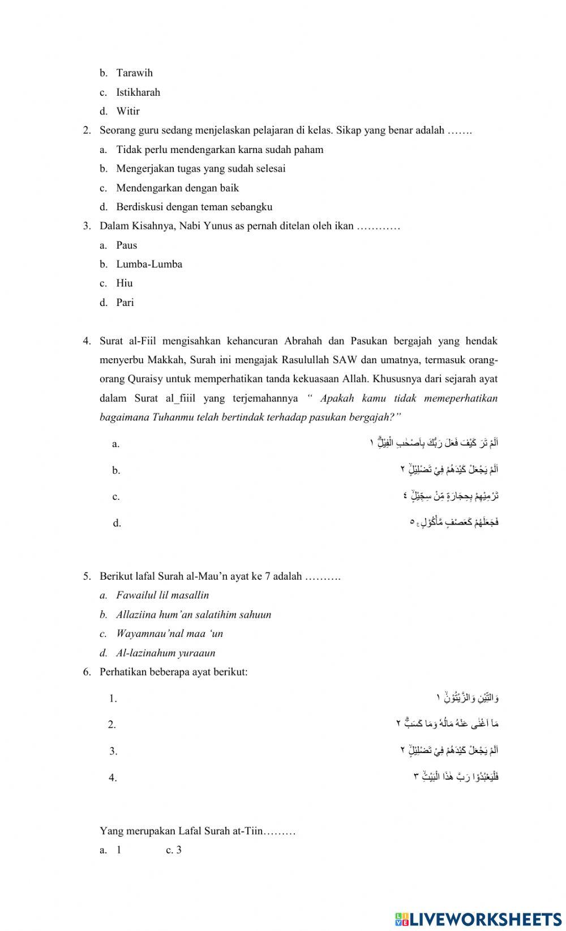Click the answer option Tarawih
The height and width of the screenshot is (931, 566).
coord(134,73)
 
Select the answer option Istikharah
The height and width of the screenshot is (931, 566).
coord(138,92)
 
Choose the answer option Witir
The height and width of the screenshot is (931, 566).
coord(128,111)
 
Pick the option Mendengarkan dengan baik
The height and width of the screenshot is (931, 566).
coord(177,188)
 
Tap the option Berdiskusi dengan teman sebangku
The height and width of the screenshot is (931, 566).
coord(194,207)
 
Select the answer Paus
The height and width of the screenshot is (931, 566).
coord(127,245)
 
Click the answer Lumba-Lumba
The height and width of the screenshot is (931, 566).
coord(149,264)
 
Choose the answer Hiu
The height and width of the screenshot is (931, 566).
coord(125,283)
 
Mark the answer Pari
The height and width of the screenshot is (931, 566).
coord(125,303)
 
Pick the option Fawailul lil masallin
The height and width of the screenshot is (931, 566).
coord(162,596)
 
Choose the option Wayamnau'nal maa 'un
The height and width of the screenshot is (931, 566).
coord(169,634)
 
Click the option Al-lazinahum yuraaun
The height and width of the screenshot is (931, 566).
coord(165,653)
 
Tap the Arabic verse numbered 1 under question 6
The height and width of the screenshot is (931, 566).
coord(468,697)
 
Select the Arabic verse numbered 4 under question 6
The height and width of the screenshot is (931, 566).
coord(456,776)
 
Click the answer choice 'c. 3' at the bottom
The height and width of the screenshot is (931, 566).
coord(174,850)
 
